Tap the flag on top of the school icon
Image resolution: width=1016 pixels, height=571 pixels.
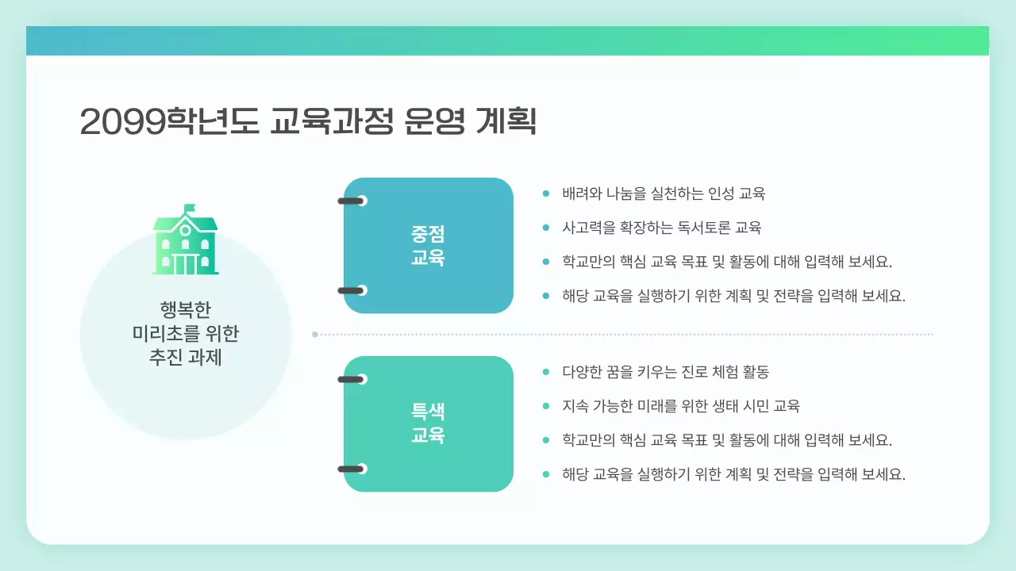[x=189, y=209]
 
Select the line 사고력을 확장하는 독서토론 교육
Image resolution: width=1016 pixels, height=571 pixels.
[x=661, y=228]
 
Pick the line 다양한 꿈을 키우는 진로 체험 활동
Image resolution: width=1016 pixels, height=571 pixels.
[x=665, y=372]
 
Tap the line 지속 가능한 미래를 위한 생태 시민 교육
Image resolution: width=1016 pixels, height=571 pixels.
[x=680, y=406]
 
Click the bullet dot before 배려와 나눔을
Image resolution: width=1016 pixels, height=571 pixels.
[x=545, y=194]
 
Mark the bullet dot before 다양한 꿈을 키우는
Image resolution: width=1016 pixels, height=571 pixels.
[x=545, y=372]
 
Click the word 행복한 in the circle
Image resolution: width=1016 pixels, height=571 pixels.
[x=186, y=308]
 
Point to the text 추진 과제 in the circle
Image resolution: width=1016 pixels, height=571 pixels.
[x=186, y=358]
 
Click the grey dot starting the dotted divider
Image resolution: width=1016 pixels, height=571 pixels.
[x=315, y=335]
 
